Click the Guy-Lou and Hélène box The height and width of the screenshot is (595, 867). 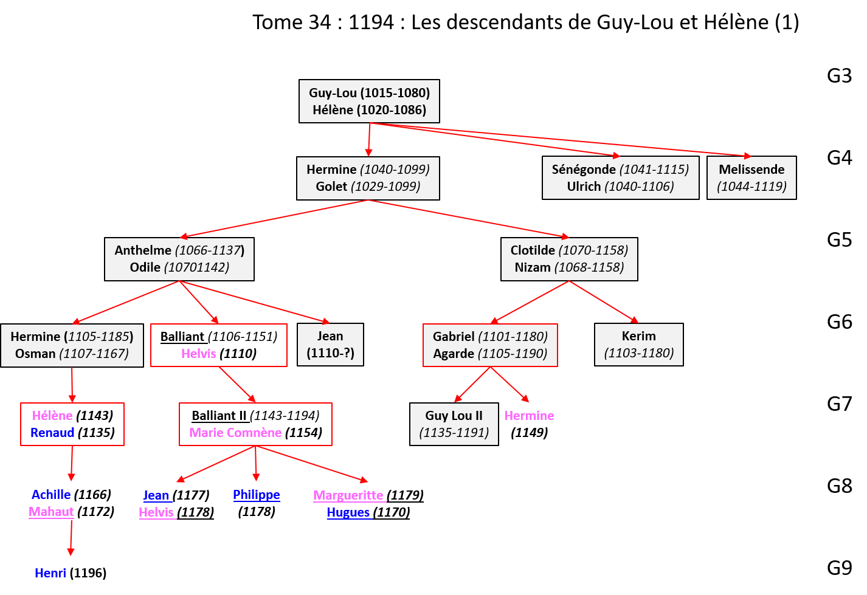(369, 101)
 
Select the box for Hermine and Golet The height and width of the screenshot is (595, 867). (368, 178)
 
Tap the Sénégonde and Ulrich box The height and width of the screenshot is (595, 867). (620, 178)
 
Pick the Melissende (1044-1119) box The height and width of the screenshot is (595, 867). (751, 178)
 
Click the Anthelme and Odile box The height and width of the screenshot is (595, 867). (179, 259)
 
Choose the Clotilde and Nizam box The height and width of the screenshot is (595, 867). (569, 259)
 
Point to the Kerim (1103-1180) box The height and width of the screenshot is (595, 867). (638, 345)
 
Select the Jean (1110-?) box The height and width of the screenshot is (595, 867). (330, 345)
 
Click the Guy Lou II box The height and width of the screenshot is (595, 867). (454, 424)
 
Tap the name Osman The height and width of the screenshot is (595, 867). (35, 354)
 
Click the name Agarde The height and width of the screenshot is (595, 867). (454, 354)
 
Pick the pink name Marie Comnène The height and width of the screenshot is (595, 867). (235, 433)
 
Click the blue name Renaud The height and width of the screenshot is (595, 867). (52, 433)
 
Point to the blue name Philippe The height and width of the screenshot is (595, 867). (256, 495)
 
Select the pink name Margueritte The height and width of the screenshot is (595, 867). (348, 495)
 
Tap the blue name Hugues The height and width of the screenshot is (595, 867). (348, 513)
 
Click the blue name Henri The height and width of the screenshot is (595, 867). (50, 573)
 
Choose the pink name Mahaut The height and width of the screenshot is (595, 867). (51, 512)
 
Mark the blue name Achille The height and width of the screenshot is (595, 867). (51, 495)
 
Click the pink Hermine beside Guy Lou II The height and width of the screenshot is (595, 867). (529, 416)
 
